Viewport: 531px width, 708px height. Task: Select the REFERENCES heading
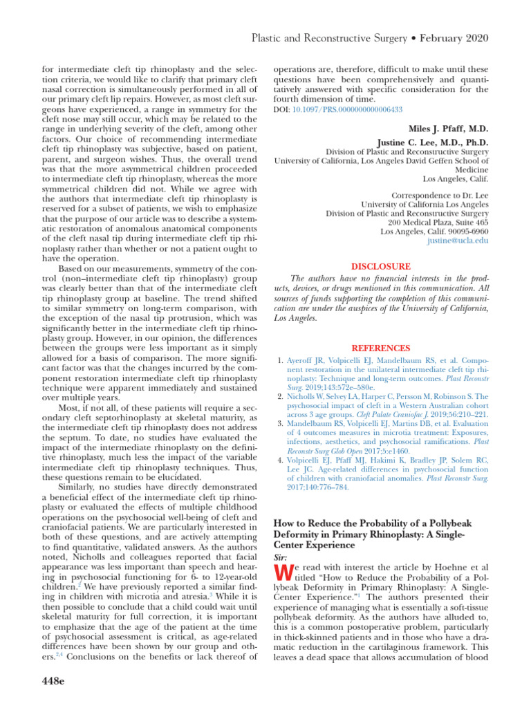[382, 348]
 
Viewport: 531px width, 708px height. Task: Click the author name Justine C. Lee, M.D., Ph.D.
[428, 142]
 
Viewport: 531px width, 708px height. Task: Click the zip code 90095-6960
[465, 231]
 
